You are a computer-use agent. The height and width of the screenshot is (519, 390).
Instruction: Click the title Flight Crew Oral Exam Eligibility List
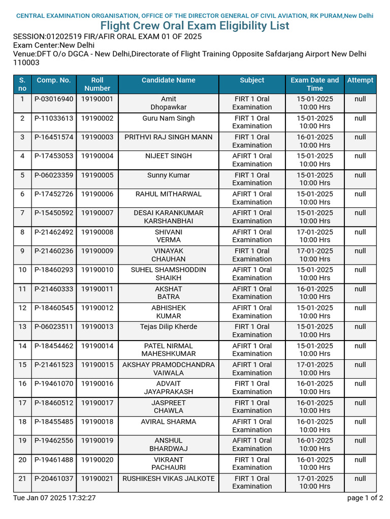[195, 26]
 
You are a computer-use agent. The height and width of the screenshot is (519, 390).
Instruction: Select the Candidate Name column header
[168, 80]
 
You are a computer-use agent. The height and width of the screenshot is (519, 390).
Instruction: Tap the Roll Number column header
[97, 84]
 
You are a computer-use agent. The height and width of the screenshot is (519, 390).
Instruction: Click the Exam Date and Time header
[314, 84]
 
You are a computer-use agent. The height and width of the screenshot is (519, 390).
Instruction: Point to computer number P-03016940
[54, 99]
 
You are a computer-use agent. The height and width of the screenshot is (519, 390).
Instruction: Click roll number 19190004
[97, 156]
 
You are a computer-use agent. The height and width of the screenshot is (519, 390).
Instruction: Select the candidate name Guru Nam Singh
[168, 118]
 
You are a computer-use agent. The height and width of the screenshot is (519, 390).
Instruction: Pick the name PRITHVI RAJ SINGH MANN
[168, 137]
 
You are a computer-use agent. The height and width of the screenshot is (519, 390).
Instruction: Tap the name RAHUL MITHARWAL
[168, 194]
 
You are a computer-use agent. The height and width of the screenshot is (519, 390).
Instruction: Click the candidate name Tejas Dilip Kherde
[168, 327]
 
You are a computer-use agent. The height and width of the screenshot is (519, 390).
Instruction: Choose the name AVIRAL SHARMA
[168, 422]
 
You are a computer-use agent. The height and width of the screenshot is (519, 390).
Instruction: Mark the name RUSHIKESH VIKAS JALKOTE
[168, 478]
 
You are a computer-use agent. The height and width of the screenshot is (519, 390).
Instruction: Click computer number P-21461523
[54, 365]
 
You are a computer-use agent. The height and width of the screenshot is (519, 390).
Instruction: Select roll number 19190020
[97, 460]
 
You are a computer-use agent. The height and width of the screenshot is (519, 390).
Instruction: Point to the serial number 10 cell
[22, 270]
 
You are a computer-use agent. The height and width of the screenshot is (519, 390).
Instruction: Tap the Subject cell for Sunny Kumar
[252, 179]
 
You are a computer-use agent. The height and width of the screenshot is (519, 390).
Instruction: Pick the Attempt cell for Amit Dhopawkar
[360, 99]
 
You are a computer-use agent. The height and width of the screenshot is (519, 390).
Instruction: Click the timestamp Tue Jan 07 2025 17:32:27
[54, 498]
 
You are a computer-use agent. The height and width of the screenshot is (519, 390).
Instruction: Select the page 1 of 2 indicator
[365, 498]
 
